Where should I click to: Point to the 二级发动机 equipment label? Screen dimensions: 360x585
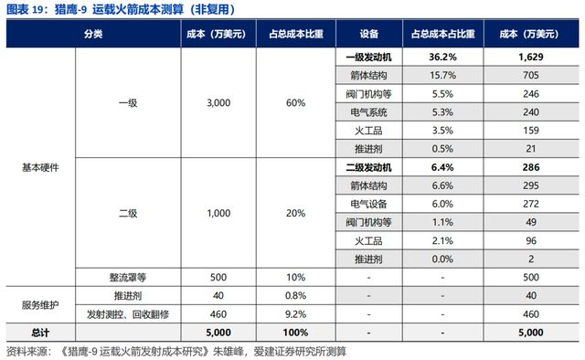[x=369, y=169]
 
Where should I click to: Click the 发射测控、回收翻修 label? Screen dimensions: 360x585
[x=127, y=313]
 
